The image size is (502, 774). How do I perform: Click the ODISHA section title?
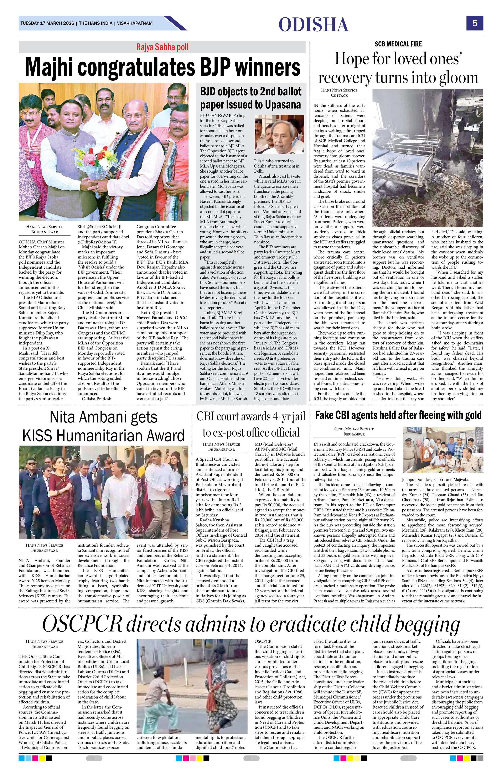tap(313, 24)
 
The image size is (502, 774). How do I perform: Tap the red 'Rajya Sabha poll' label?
tap(162, 47)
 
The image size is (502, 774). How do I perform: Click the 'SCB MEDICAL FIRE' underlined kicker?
tap(398, 44)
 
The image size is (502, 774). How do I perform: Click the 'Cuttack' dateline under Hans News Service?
tap(339, 95)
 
